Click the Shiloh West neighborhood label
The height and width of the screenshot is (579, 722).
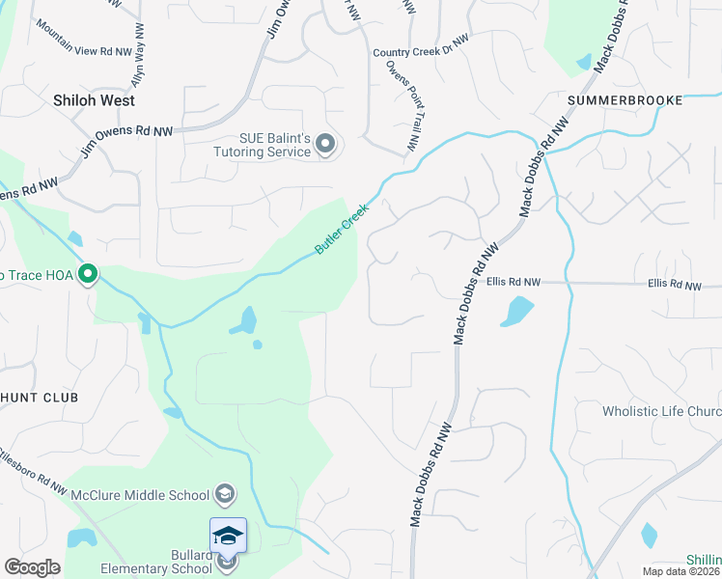point(94,100)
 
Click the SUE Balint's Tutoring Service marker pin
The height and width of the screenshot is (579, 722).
point(325,146)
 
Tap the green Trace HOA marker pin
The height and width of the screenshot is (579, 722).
point(88,276)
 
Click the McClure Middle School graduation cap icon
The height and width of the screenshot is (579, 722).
point(225,495)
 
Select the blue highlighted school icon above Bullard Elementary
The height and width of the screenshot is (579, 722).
point(228,536)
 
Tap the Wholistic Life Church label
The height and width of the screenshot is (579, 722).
point(661,411)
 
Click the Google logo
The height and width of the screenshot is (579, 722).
point(33,567)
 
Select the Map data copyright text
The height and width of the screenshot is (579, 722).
point(681,571)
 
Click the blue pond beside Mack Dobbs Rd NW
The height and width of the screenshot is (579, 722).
point(516,311)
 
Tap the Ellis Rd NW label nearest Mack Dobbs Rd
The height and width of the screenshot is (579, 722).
point(513,283)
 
